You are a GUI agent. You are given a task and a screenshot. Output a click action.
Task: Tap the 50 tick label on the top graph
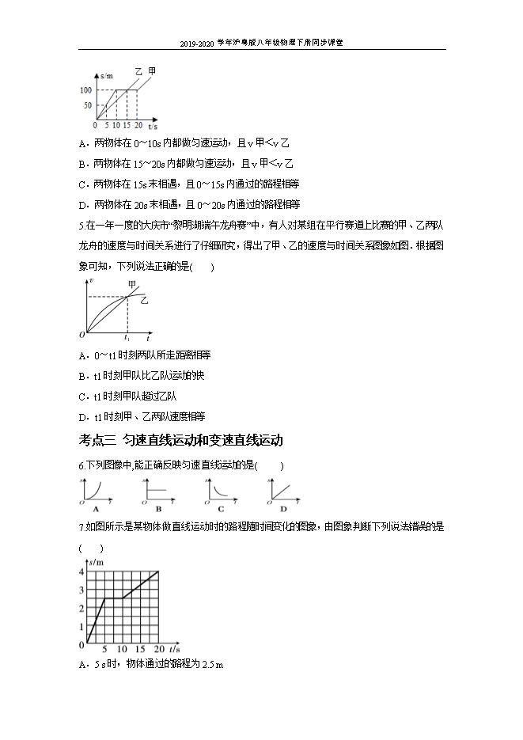(x=89, y=105)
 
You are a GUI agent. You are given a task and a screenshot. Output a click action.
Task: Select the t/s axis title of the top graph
(x=152, y=126)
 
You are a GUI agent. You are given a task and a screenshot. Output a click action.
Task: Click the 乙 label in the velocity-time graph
(x=144, y=300)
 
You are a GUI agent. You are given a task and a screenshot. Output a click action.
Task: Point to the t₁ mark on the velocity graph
(x=127, y=337)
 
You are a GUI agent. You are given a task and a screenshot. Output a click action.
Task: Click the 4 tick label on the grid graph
(x=81, y=571)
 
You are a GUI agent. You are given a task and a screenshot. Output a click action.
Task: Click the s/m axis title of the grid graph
(x=97, y=561)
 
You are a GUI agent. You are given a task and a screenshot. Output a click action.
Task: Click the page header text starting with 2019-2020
(x=261, y=44)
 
